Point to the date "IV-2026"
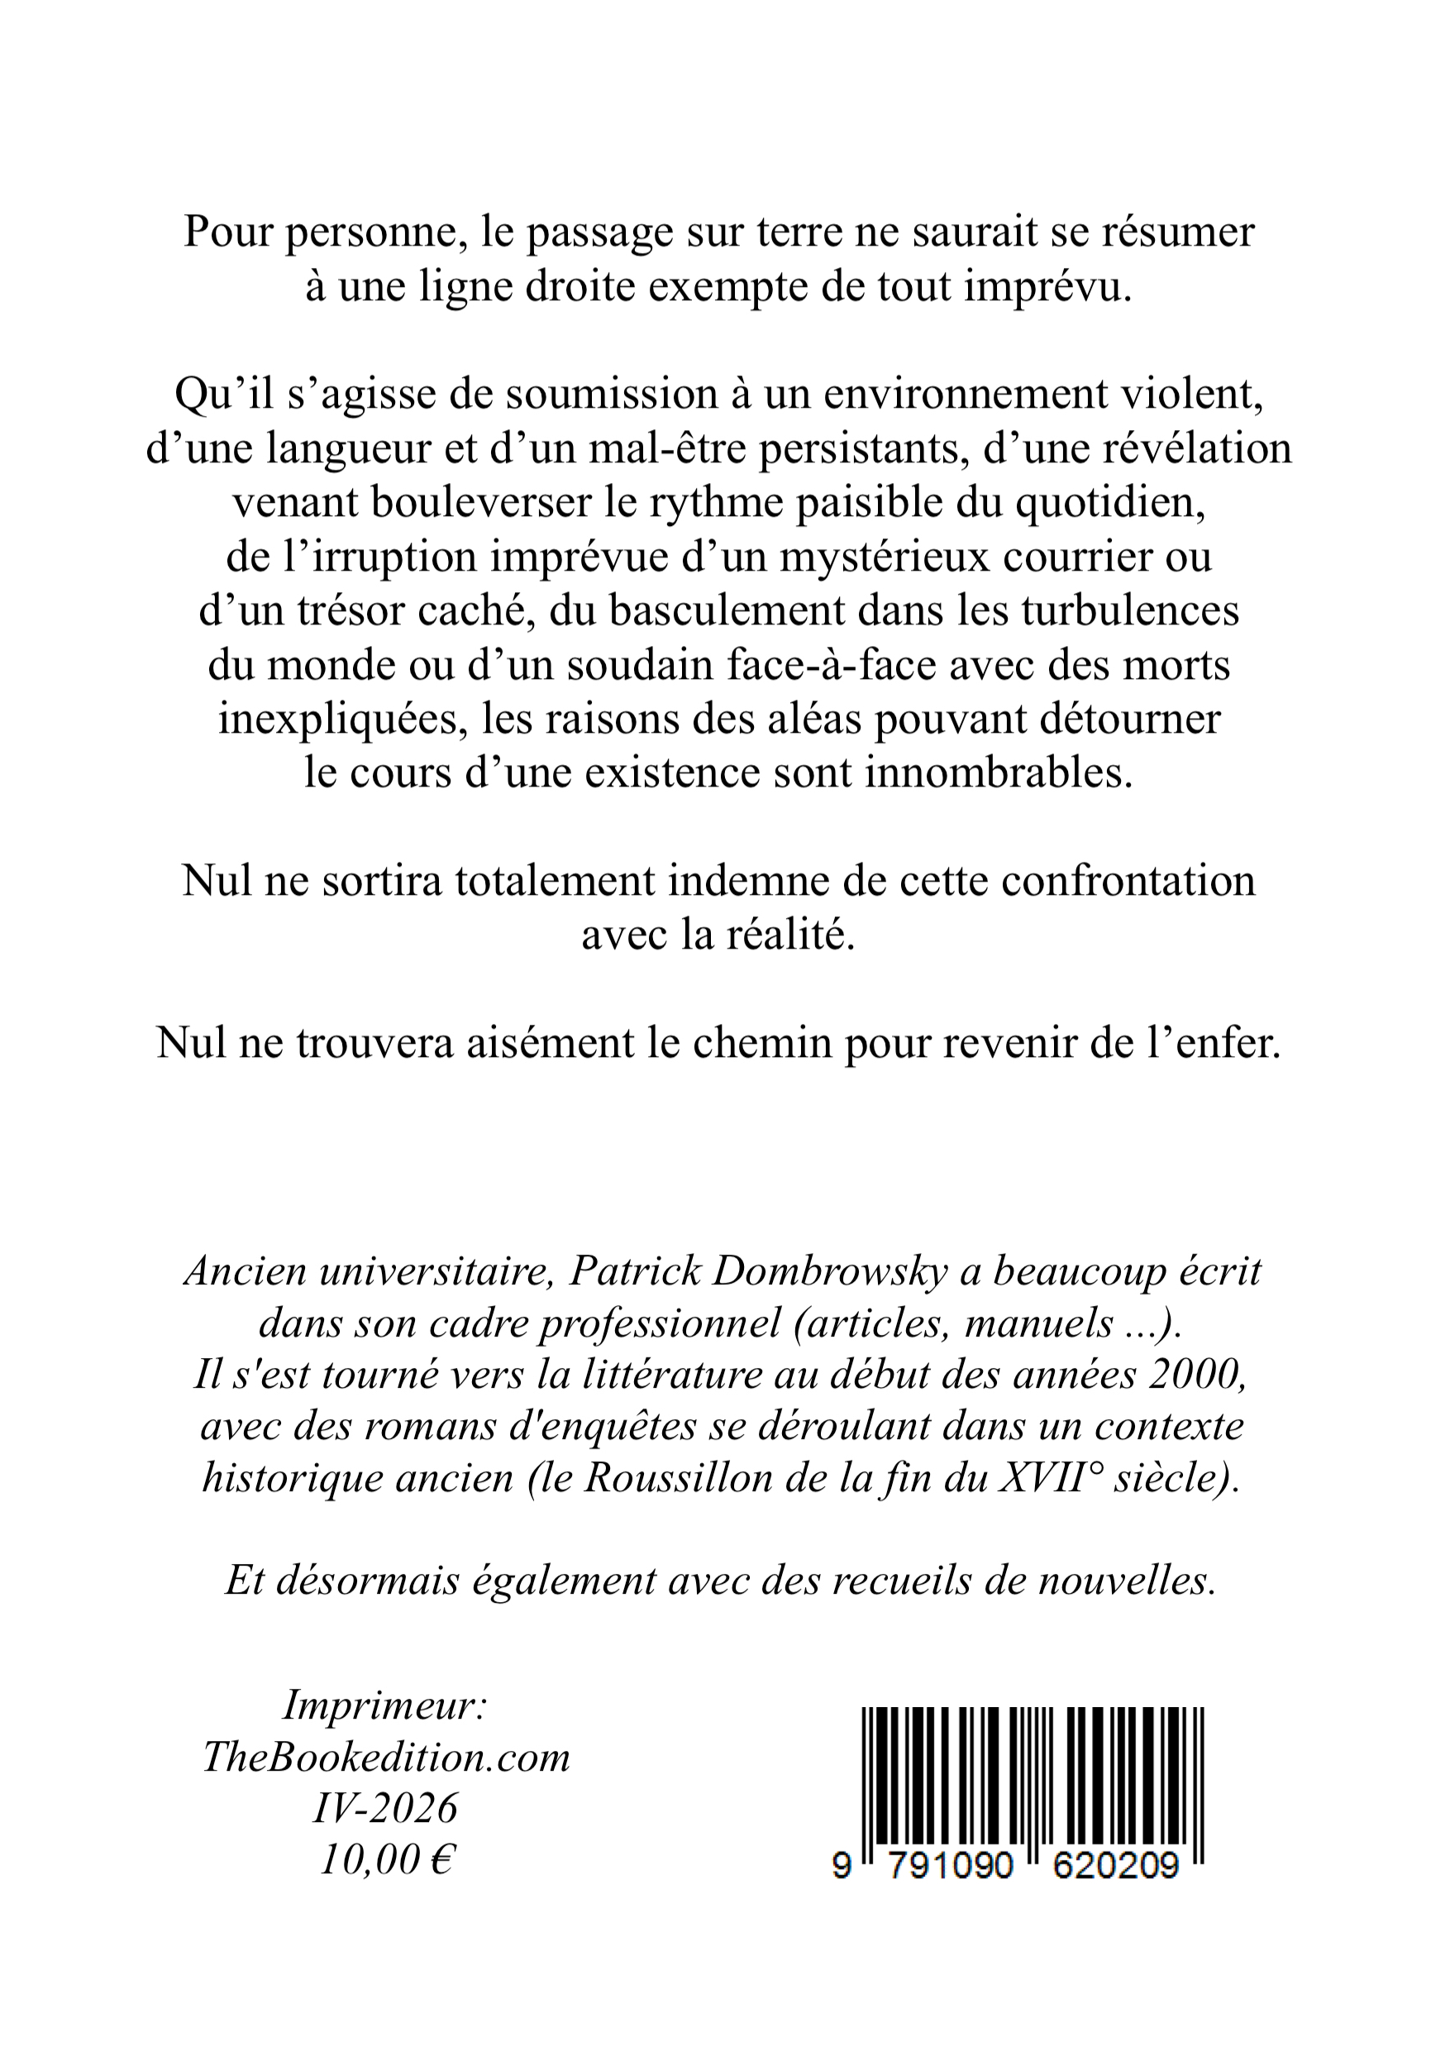tap(386, 1810)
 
